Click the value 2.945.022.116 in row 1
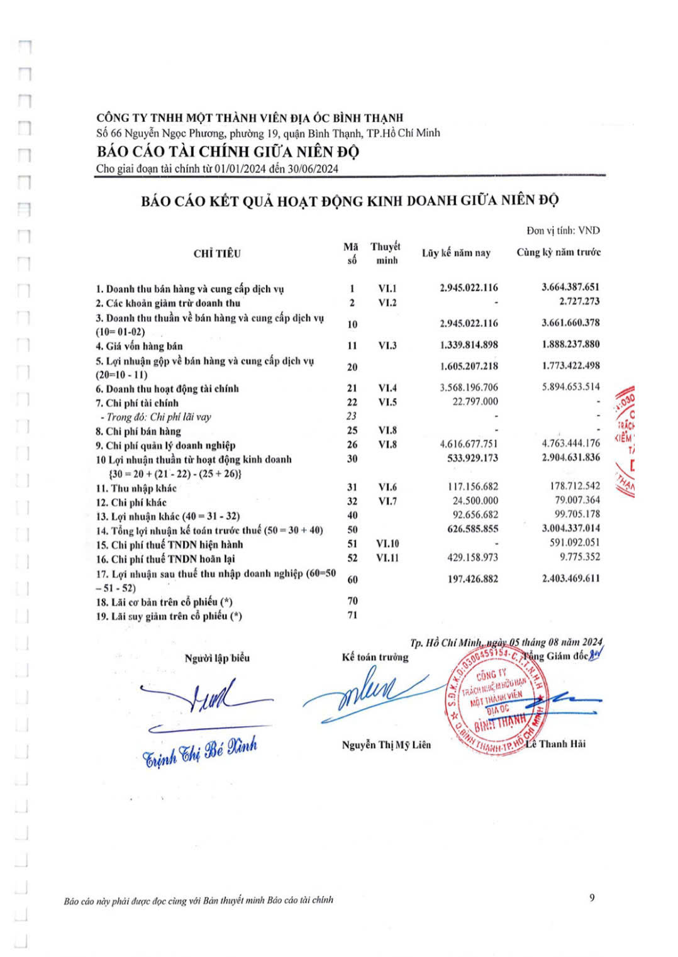(x=469, y=288)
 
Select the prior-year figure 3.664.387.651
(x=570, y=287)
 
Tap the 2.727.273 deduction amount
(x=579, y=301)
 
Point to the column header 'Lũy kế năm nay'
(x=456, y=253)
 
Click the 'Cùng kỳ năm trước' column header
(x=559, y=252)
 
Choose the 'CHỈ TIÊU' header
(x=217, y=253)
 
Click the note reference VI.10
(x=387, y=543)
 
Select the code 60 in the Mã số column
(x=352, y=579)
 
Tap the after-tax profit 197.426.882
(x=472, y=578)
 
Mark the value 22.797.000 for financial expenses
(x=475, y=401)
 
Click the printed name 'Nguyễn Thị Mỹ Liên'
(x=386, y=744)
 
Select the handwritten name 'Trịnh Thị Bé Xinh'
(x=200, y=751)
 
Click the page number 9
(x=592, y=898)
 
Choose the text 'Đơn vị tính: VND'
(x=563, y=230)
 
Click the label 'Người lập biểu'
(x=217, y=658)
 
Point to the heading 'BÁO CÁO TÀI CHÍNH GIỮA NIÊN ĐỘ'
(x=228, y=152)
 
